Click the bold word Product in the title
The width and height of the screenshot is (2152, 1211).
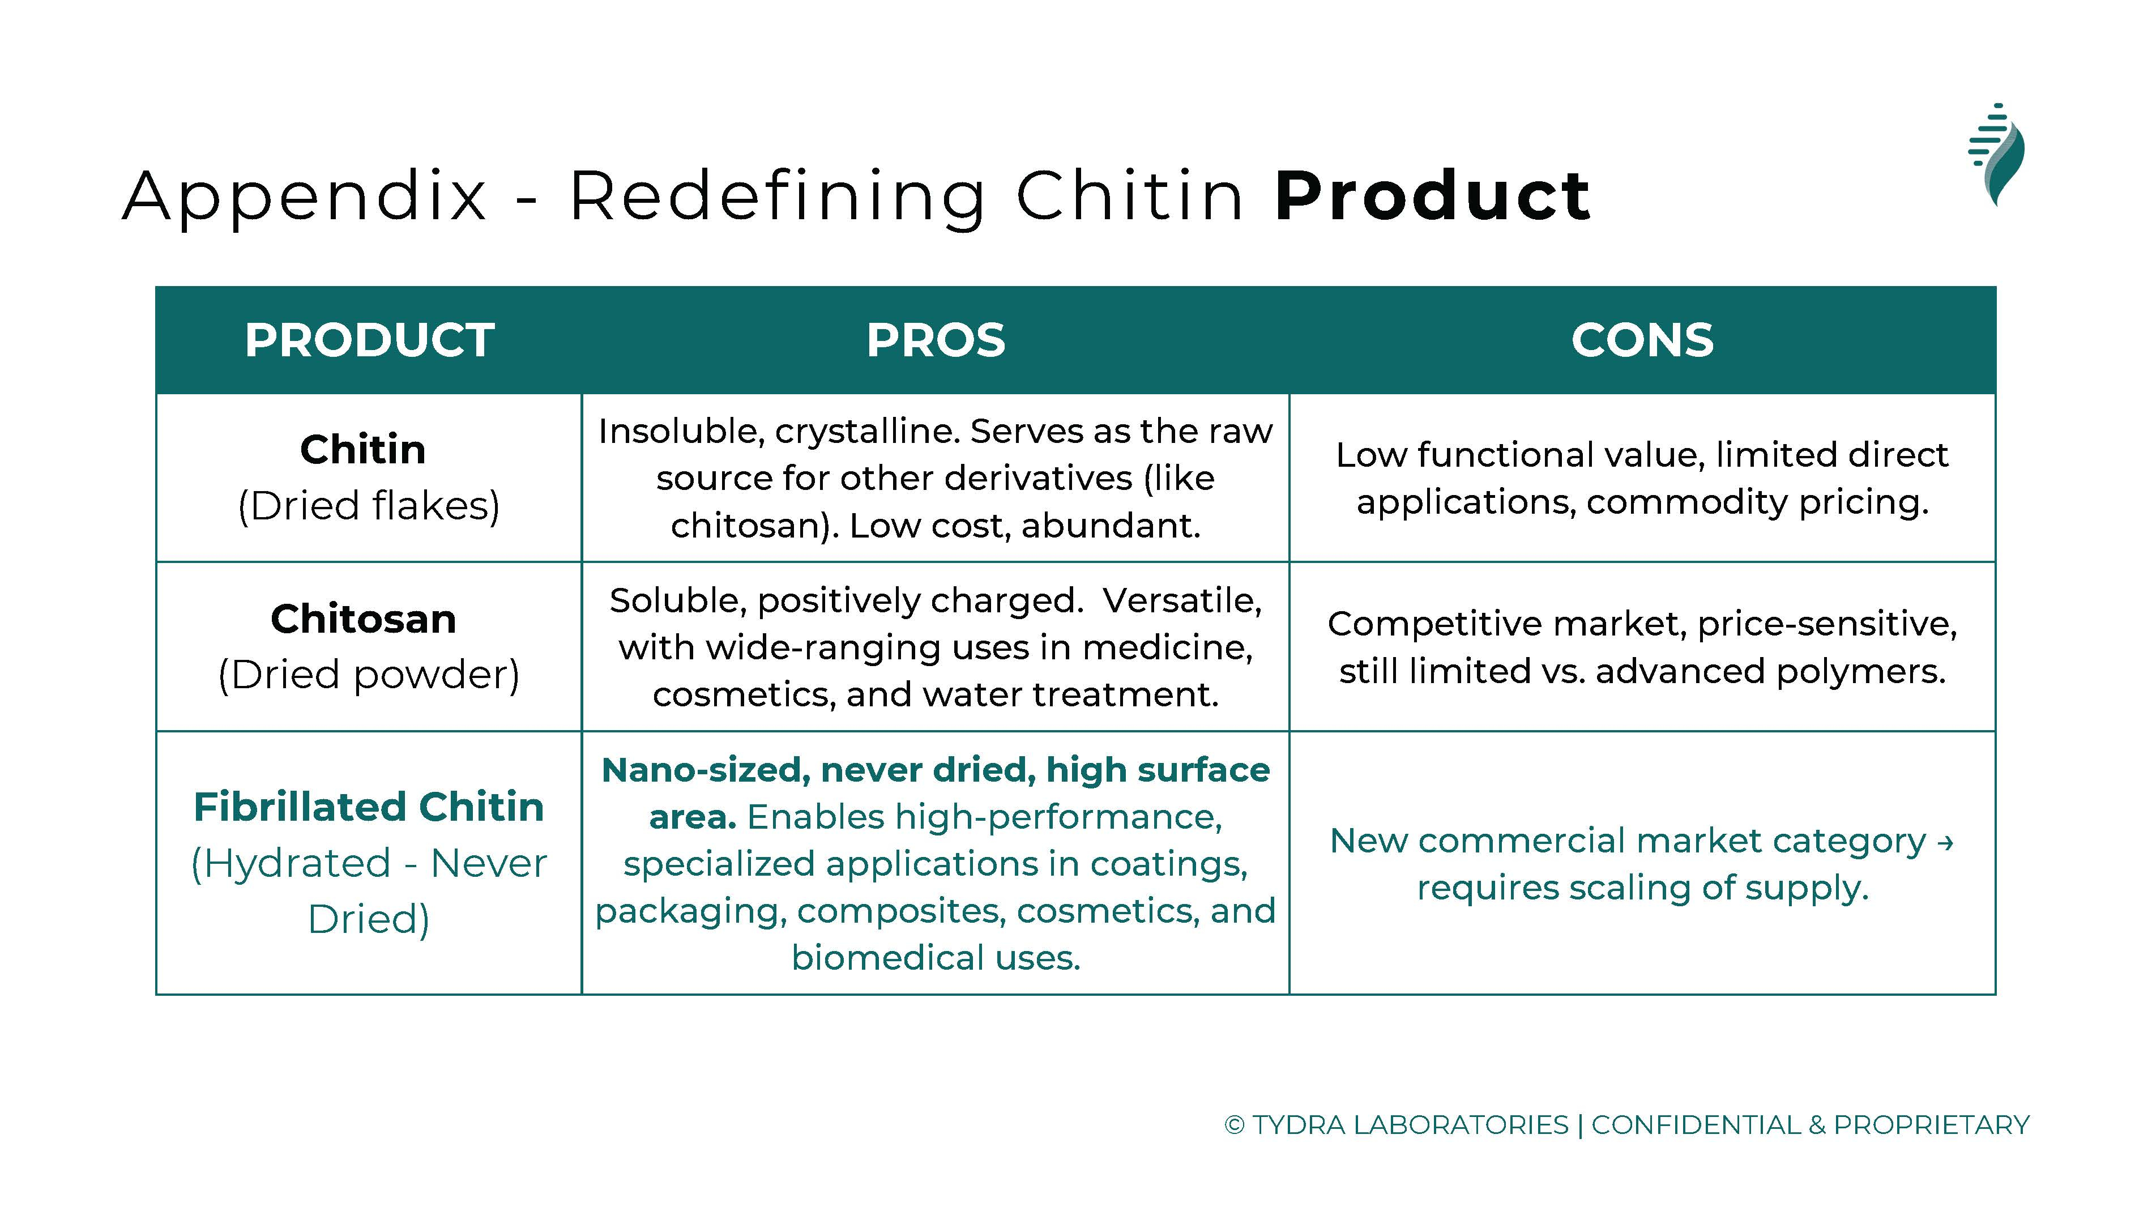coord(1433,197)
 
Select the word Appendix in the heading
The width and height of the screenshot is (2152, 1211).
coord(304,197)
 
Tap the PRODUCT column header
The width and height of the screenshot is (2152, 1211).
coord(369,340)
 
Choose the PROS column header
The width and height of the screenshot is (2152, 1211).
coord(936,340)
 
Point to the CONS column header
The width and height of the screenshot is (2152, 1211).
coord(1642,340)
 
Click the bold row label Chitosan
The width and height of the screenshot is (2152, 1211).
coord(364,619)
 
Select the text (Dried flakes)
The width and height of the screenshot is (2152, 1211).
coord(369,506)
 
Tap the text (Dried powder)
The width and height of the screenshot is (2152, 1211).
coord(369,675)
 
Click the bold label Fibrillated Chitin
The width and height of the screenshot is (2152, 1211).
coord(369,807)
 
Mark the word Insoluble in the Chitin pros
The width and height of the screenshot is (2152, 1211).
coord(677,433)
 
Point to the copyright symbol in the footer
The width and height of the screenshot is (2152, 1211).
coord(1234,1125)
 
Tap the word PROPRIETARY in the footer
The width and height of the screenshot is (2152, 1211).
coord(1932,1125)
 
